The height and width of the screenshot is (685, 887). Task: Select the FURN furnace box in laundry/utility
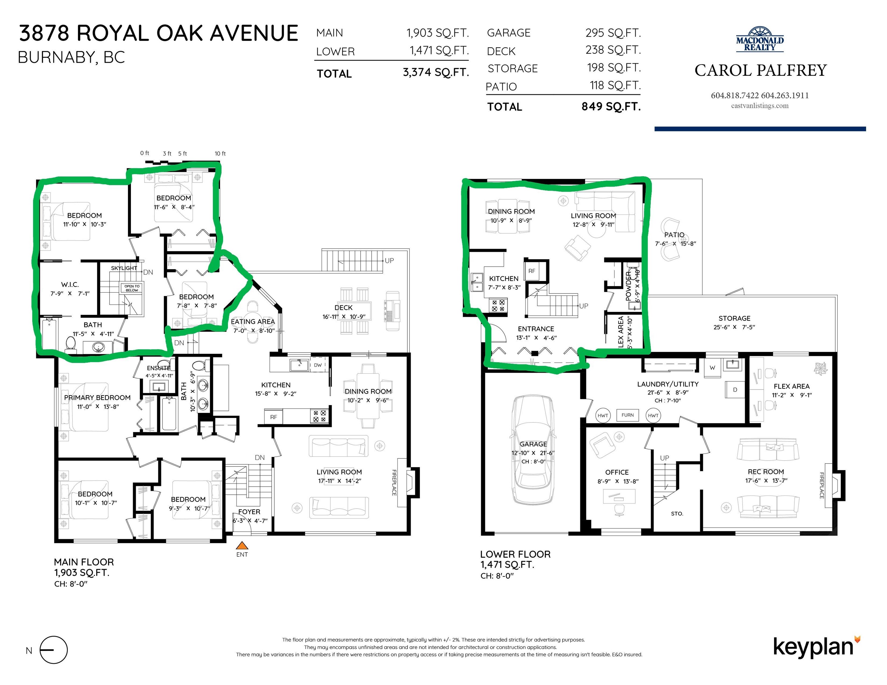tap(628, 415)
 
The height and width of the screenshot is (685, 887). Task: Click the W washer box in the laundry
tap(712, 368)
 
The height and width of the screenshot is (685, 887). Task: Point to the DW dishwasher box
tap(318, 365)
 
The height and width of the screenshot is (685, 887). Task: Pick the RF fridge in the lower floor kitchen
tap(532, 271)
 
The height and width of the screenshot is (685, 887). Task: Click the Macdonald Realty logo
tap(760, 40)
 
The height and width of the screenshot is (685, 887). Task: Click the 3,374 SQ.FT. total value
tap(436, 73)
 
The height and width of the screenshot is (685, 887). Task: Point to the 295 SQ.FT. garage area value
tap(613, 33)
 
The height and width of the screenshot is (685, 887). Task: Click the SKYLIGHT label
tap(124, 268)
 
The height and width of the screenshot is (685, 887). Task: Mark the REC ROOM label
tap(766, 472)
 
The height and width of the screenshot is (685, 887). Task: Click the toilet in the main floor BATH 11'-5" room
tap(71, 344)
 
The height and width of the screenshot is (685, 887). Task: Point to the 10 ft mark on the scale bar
tap(220, 153)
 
